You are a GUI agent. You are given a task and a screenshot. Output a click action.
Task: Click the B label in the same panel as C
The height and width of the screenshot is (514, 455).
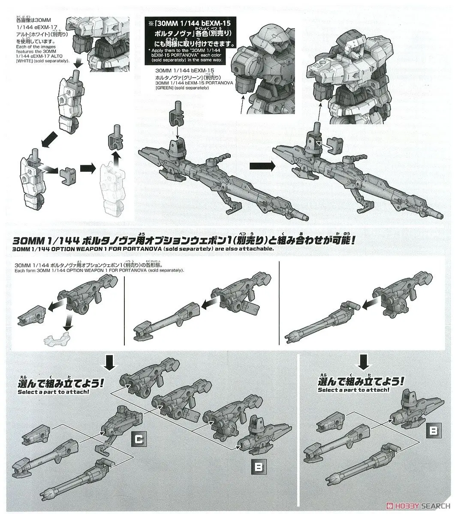[x=258, y=466]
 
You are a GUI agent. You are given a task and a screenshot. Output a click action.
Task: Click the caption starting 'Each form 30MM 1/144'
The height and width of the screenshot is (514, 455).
[x=99, y=271]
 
